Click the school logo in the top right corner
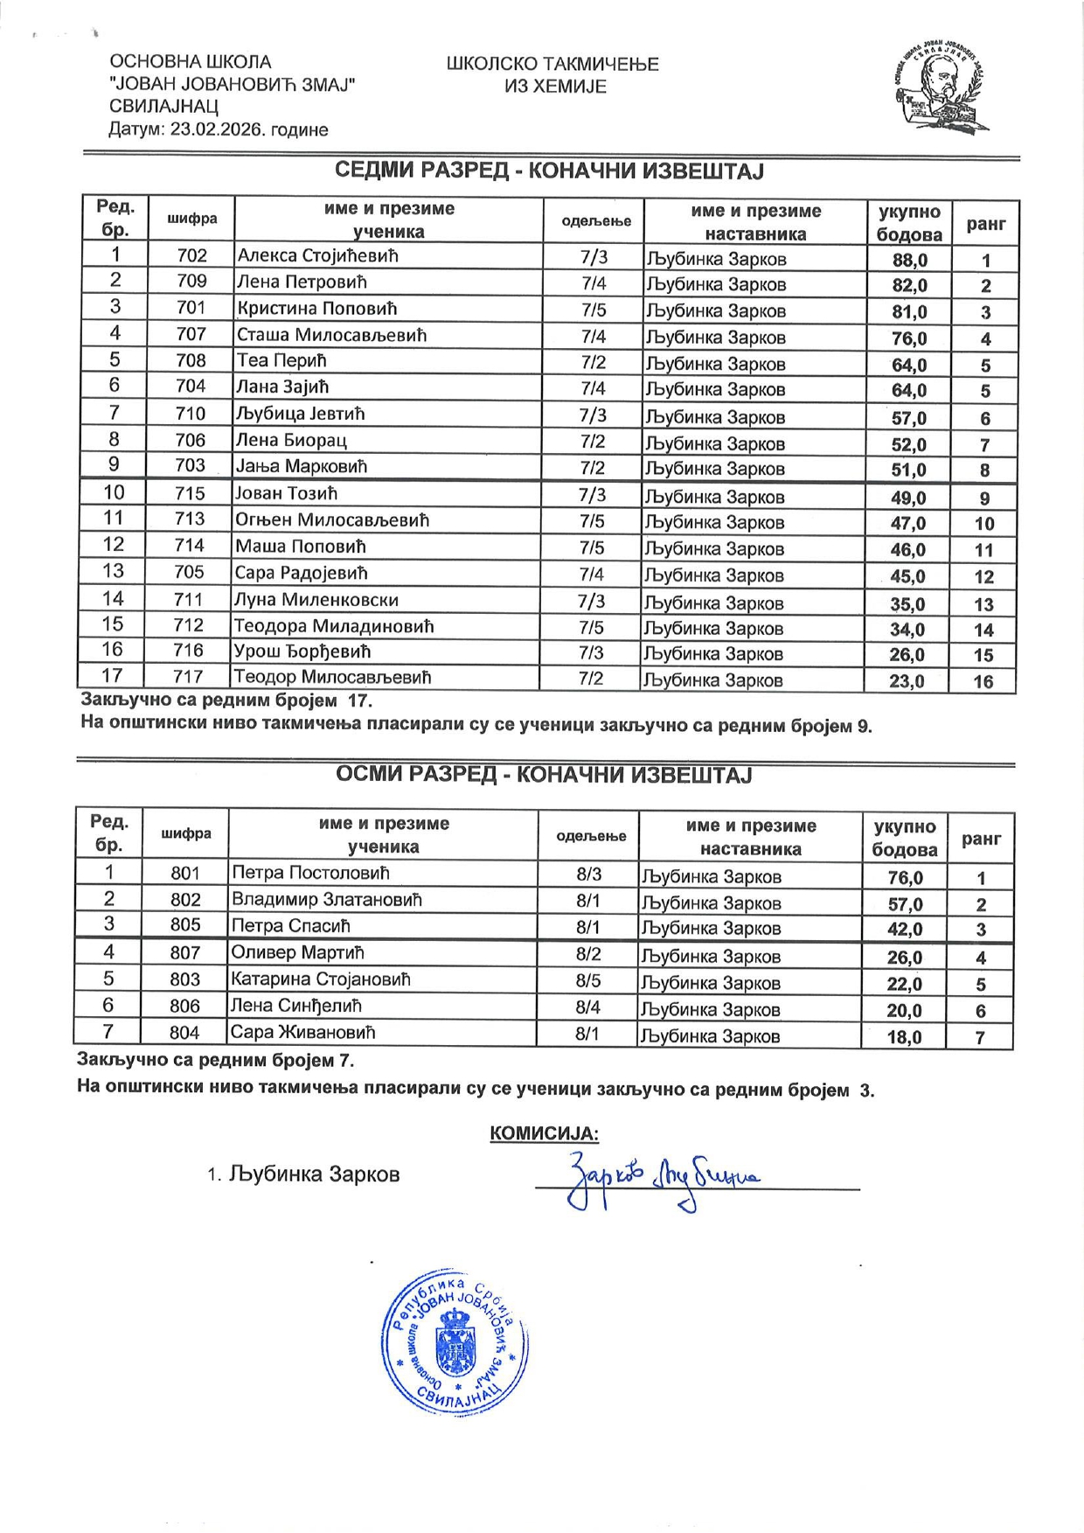tap(943, 88)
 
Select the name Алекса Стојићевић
tap(317, 256)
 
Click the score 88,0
tap(909, 260)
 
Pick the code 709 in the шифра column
tap(191, 282)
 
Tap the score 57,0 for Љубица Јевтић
tap(909, 418)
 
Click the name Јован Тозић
tap(286, 494)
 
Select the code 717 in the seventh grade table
tap(188, 677)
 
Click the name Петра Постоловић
tap(310, 873)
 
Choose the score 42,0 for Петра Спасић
tap(905, 930)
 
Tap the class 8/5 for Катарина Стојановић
tap(588, 980)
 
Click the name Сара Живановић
tap(302, 1033)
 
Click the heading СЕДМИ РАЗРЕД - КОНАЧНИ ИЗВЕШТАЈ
tap(549, 171)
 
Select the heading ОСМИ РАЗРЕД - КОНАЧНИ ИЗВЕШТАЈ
tap(544, 776)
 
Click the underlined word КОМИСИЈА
tap(544, 1134)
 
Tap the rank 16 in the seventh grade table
tap(983, 681)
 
